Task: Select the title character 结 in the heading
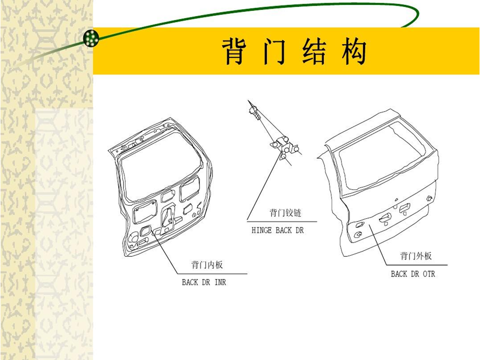point(314,51)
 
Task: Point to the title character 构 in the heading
point(354,51)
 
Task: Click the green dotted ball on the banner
point(91,38)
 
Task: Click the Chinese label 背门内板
point(207,265)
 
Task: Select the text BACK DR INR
point(204,282)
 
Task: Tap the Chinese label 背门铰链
point(285,212)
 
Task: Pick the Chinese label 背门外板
point(416,256)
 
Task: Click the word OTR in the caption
point(429,274)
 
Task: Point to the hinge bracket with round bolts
point(284,147)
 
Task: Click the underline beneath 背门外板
point(416,265)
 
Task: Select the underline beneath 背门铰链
point(282,221)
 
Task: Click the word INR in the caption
point(220,282)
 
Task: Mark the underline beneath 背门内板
point(212,273)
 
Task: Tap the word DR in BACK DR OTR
point(415,274)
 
